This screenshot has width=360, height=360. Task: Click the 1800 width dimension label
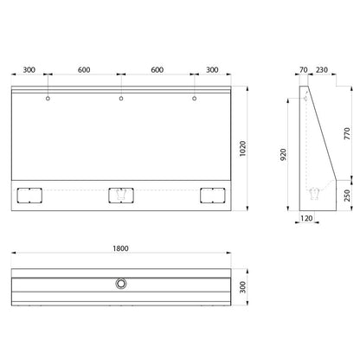(120, 248)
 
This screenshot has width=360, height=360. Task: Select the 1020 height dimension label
(243, 149)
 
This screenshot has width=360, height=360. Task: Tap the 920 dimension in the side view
(283, 155)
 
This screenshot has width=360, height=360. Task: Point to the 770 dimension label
(347, 133)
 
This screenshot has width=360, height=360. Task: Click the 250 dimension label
(347, 196)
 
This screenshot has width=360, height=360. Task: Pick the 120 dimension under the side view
(306, 218)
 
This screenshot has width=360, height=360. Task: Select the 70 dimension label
(304, 70)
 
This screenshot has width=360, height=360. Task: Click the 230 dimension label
(322, 70)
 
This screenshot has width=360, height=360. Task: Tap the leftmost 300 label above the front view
(29, 70)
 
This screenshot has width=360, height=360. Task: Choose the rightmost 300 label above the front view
(212, 70)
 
